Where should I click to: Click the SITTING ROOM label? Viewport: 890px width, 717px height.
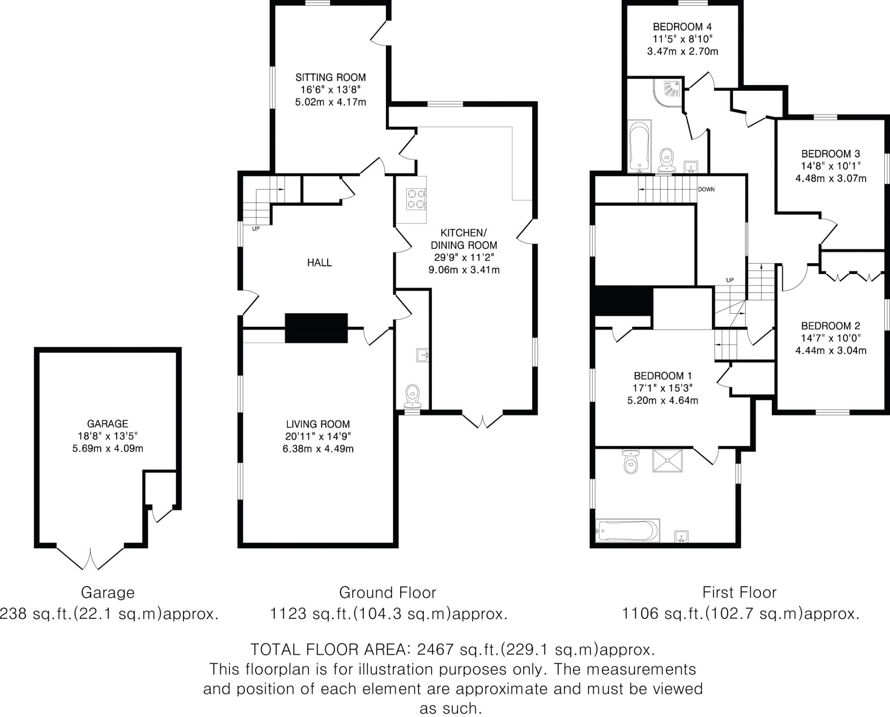[x=330, y=77]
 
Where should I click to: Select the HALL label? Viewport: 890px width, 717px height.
[x=319, y=262]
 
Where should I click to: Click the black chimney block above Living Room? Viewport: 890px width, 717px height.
[x=316, y=328]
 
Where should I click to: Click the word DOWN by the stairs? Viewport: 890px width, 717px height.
[x=706, y=189]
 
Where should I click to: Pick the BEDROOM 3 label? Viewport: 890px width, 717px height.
[x=830, y=153]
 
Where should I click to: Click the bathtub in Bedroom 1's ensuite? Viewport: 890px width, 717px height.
[x=628, y=530]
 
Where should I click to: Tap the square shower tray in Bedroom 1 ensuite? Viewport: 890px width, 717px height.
[x=667, y=461]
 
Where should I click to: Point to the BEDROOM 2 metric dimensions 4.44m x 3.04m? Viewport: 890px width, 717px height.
[x=830, y=350]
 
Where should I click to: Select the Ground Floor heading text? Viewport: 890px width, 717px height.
[x=387, y=592]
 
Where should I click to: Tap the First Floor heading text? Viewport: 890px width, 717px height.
[x=739, y=592]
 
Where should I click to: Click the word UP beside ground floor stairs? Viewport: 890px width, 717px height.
[x=256, y=229]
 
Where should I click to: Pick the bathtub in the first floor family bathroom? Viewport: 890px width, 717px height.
[x=639, y=146]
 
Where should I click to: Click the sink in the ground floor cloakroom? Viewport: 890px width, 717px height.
[x=422, y=355]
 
